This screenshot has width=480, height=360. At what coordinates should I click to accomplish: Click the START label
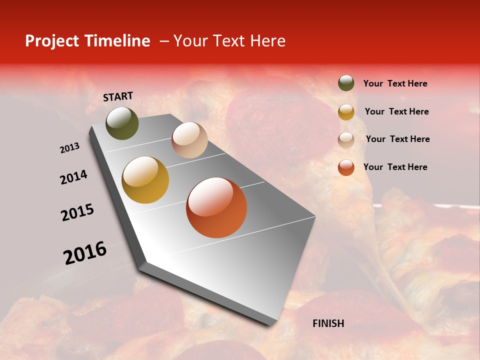coord(118,96)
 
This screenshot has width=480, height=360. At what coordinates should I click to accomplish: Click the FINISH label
coord(328,323)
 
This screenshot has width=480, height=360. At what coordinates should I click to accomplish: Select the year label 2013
coord(69,148)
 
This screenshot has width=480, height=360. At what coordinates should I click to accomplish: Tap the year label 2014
coord(73,177)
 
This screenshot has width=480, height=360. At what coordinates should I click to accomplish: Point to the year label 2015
coord(77,212)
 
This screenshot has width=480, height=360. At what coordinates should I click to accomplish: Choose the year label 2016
coord(85,253)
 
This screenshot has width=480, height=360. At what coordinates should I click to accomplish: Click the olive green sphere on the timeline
coord(122,123)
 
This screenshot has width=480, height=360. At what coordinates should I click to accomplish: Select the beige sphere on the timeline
coord(189,140)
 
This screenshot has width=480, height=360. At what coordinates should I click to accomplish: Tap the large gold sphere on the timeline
coord(145,180)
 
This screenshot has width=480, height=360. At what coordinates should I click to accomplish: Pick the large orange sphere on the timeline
coord(216,207)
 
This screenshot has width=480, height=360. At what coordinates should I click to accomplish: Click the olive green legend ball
coord(346,83)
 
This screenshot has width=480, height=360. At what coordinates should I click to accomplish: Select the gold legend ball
coord(346,111)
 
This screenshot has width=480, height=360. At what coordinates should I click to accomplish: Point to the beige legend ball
coord(346,139)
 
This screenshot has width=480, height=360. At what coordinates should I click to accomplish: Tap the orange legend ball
coord(346,167)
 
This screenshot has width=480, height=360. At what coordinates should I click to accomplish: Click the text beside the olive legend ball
coord(395,84)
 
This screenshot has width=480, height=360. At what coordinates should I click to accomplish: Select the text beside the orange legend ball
coord(395,167)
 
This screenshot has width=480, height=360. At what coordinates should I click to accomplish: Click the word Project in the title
coord(52,41)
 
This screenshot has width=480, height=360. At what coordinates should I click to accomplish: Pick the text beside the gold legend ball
coord(396,111)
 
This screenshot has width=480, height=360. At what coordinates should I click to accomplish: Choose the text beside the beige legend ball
coord(397,139)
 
